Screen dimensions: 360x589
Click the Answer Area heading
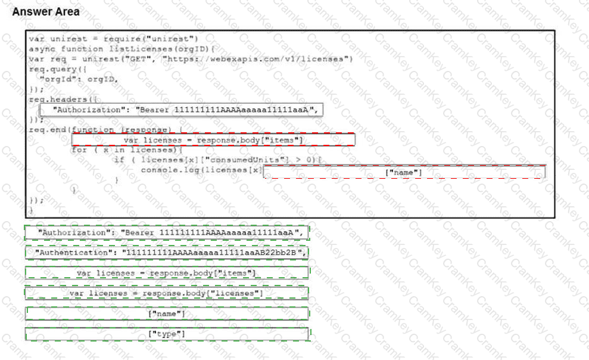[46, 12]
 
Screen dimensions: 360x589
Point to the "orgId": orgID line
[78, 78]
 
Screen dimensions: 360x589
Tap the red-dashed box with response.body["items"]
[213, 140]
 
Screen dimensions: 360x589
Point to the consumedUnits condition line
[217, 160]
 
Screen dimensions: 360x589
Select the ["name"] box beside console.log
[404, 172]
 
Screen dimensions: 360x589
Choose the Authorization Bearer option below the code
[167, 232]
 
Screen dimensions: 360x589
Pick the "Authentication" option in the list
[167, 253]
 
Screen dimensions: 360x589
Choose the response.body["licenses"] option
[167, 293]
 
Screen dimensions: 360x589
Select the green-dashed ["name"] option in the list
[167, 314]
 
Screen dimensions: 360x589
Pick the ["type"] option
[167, 334]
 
